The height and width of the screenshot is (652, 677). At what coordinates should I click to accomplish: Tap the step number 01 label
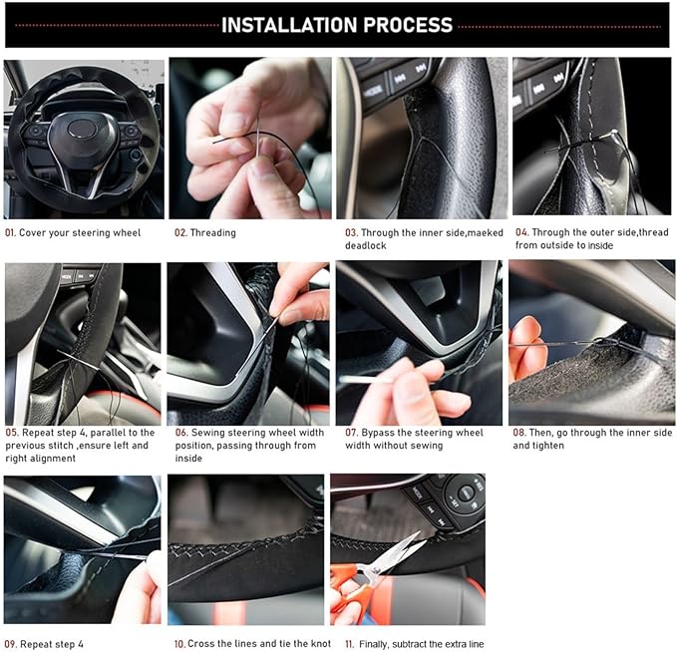click(10, 233)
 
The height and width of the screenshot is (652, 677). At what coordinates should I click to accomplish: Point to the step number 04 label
click(521, 232)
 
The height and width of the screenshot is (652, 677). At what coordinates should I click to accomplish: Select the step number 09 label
click(10, 645)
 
